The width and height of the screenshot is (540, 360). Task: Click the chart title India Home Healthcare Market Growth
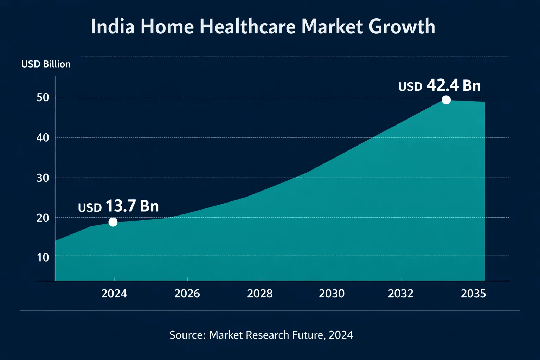coord(263,27)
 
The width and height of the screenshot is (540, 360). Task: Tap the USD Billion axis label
coord(46,64)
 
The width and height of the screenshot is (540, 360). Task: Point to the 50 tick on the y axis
coord(43,97)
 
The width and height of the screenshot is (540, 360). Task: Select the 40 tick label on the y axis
coord(43,137)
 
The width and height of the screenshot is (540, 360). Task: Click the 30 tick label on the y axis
coord(43,178)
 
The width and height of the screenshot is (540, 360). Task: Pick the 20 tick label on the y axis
coord(43,218)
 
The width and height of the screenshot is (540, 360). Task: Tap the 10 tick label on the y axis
coord(43,257)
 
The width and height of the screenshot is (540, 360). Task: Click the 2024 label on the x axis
coord(114,294)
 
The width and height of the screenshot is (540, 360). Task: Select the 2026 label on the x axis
coord(187,294)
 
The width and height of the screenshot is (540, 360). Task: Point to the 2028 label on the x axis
coord(260,294)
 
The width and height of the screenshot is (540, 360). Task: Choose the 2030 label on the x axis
coord(332,294)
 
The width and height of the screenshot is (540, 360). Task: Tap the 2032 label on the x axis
coord(400,294)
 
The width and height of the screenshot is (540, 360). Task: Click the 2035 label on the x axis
coord(473,294)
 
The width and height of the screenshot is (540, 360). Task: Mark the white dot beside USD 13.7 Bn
coord(113,222)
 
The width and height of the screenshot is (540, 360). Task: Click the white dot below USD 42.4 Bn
coord(446,100)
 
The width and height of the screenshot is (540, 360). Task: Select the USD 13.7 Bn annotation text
coord(118,206)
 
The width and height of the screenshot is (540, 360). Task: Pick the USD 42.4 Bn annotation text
coord(439,86)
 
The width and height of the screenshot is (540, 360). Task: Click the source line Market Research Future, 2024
coord(261,335)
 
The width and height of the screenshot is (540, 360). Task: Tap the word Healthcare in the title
coord(248,27)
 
